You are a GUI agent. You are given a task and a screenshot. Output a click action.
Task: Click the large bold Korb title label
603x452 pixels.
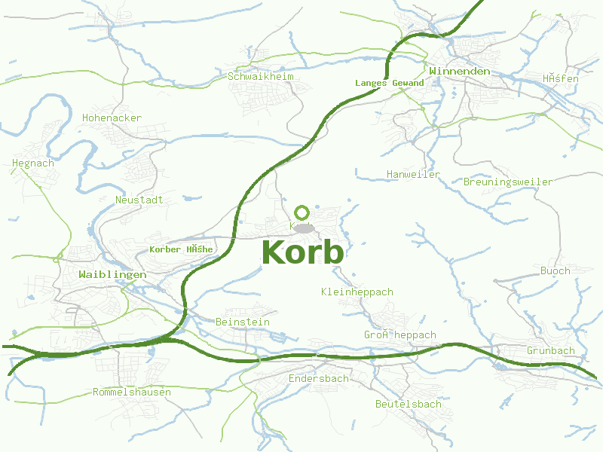[x=303, y=252]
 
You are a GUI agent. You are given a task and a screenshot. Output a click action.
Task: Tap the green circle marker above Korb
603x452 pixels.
[x=302, y=212]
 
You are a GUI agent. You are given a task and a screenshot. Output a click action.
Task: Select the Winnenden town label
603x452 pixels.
[x=459, y=71]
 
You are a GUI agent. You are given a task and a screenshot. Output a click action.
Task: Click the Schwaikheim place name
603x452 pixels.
[x=261, y=76]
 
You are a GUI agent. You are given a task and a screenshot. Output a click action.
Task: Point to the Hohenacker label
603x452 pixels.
[x=112, y=118]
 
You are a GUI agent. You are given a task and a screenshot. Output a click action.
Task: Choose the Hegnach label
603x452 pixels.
[x=33, y=163]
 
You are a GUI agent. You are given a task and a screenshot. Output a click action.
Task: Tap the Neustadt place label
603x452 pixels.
[x=139, y=200]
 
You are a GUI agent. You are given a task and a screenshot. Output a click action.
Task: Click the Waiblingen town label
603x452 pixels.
[x=112, y=275]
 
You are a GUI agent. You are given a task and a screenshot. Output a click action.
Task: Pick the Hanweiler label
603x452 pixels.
[x=413, y=174]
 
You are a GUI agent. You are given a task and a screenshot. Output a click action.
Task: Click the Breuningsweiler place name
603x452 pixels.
[x=508, y=182]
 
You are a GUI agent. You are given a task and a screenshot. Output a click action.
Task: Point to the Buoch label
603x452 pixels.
[x=556, y=270]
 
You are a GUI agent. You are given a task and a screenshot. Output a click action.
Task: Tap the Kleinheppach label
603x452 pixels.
[x=357, y=292]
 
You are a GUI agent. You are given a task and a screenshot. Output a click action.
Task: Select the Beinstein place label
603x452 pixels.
[x=243, y=322]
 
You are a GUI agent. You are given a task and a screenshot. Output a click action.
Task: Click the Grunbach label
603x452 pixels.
[x=551, y=350]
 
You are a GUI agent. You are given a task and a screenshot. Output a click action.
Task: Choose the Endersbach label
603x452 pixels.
[x=319, y=378]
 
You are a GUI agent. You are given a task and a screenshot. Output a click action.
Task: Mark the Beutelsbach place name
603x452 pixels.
[x=409, y=404]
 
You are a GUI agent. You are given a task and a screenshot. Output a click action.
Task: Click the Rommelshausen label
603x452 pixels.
[x=132, y=392]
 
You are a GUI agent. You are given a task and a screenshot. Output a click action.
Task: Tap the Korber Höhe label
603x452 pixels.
[x=182, y=249]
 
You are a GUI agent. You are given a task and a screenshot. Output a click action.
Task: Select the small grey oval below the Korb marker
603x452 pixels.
[x=304, y=228]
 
